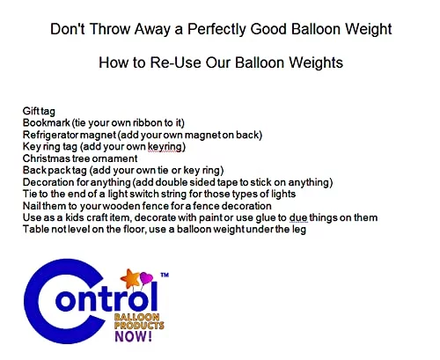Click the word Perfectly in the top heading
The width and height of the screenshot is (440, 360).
216,29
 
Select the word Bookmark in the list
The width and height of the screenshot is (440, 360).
47,122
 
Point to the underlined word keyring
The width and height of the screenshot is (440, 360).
165,147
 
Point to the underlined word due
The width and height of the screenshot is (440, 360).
298,217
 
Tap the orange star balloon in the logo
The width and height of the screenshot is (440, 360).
130,278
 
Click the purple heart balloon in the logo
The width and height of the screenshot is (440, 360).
146,278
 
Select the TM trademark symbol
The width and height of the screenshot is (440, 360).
165,275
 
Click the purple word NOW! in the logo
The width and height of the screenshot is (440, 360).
134,336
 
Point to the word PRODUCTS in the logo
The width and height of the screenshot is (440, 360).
139,325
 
